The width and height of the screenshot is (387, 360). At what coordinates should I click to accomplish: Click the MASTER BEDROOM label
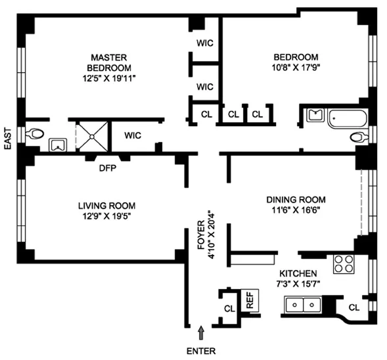coord(109,62)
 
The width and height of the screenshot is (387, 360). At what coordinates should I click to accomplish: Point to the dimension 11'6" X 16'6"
coord(296,211)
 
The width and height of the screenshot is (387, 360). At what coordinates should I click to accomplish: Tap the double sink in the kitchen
coord(304,304)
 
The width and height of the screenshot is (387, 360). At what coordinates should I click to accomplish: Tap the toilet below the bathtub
coord(359,137)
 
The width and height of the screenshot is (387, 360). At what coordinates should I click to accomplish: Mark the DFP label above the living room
coord(108,166)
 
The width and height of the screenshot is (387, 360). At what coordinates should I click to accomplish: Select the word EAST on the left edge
coord(8,139)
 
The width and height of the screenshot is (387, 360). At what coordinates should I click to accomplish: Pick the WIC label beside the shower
coord(133,136)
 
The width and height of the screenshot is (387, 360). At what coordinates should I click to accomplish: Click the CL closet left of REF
coord(229,307)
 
